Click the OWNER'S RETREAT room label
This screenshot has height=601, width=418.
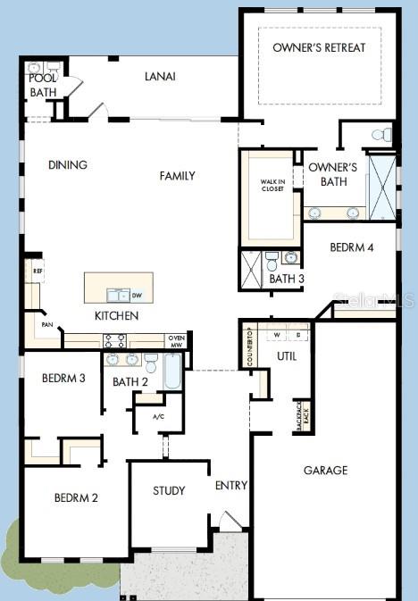click(319, 47)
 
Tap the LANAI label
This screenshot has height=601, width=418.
click(160, 76)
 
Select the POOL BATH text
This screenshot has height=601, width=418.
click(43, 85)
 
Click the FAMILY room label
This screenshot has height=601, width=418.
click(177, 176)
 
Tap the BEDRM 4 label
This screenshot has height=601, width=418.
click(351, 247)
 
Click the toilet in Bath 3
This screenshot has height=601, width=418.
click(272, 261)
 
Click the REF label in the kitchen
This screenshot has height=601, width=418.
click(38, 270)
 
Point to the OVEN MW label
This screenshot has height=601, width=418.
click(176, 340)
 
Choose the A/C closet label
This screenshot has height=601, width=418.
click(159, 416)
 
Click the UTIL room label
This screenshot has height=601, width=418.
click(287, 355)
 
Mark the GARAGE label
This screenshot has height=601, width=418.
click(325, 470)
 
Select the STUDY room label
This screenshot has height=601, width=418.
click(169, 490)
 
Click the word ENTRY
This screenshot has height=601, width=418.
click(231, 485)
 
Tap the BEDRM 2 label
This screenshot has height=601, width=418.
click(76, 497)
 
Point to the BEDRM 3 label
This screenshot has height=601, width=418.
click(63, 378)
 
